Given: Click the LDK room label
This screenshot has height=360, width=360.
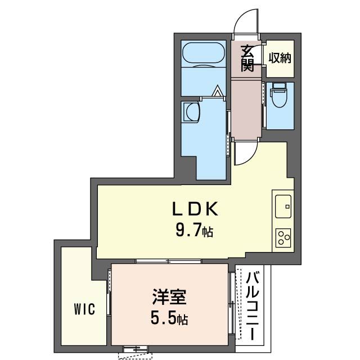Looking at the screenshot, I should pyautogui.click(x=193, y=209).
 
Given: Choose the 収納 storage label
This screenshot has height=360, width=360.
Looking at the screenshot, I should pyautogui.click(x=280, y=57).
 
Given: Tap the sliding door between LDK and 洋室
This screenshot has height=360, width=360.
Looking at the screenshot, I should pyautogui.click(x=169, y=261).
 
